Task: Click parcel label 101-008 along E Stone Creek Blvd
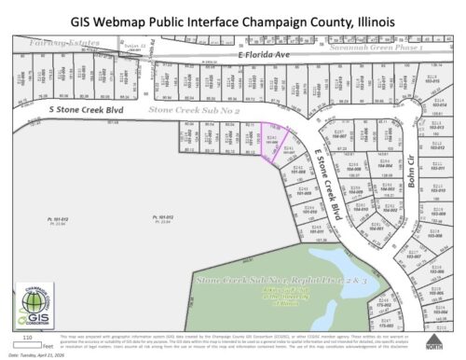pyautogui.click(x=299, y=173)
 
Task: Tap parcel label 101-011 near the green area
pyautogui.click(x=314, y=229)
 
